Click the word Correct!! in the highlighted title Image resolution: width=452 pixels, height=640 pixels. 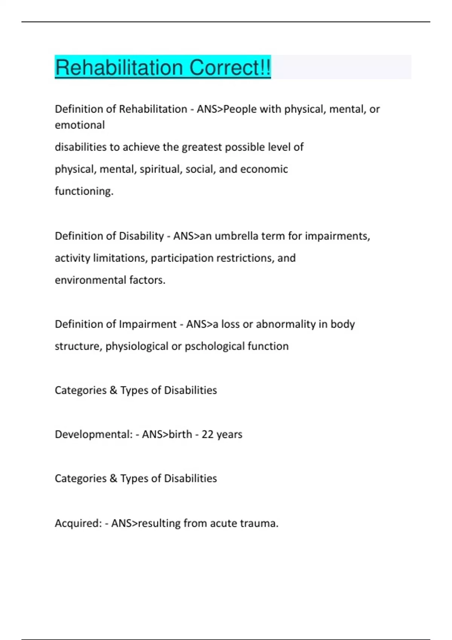(230, 68)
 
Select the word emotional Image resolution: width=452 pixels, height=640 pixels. (80, 125)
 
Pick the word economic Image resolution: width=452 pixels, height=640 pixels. (264, 169)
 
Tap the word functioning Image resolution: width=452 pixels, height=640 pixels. (84, 191)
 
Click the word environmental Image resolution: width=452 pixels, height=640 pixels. (90, 280)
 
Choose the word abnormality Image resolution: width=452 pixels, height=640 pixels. (286, 324)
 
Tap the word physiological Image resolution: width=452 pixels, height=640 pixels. (137, 346)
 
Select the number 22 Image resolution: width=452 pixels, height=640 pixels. (208, 434)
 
